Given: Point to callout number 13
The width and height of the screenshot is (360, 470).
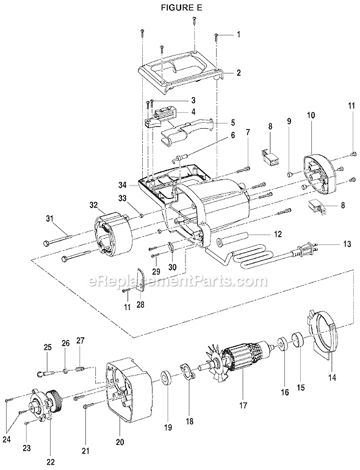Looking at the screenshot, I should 329,244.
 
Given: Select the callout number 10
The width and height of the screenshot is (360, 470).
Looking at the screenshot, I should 311,115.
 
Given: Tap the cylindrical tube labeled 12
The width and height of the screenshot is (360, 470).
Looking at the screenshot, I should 231,236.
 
